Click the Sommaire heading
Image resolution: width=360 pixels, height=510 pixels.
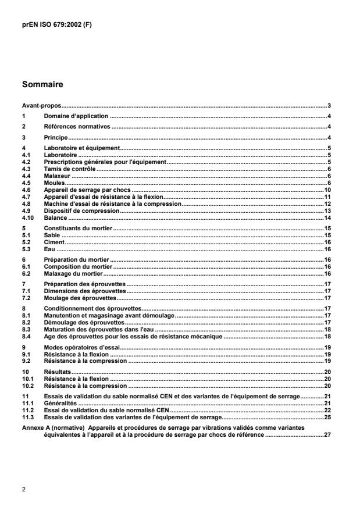42,85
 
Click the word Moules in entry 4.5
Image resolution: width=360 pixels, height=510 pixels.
54,183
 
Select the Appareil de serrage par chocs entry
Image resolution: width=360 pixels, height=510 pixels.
88,190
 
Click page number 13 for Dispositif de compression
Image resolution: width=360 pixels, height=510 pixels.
328,211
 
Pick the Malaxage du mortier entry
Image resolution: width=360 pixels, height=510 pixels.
73,273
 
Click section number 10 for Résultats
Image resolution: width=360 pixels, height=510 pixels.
26,370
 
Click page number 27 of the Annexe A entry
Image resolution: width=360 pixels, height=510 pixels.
328,433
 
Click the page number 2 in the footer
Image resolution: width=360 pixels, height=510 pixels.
24,489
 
